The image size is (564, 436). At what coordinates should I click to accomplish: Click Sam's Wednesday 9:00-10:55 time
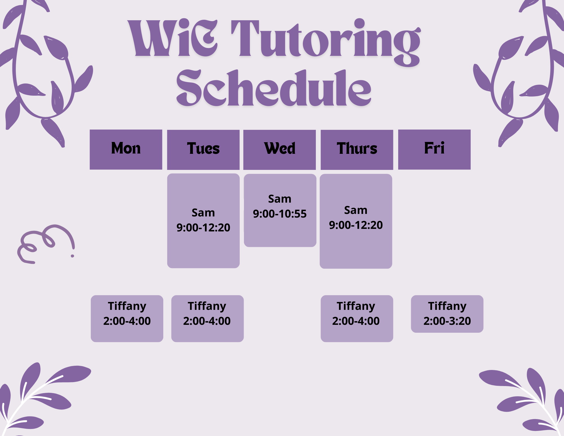pyautogui.click(x=279, y=214)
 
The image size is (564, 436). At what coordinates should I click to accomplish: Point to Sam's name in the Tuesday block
pyautogui.click(x=203, y=213)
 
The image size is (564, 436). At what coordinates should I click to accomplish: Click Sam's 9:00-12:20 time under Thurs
pyautogui.click(x=356, y=225)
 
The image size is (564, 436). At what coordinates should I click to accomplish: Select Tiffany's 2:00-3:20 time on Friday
pyautogui.click(x=447, y=321)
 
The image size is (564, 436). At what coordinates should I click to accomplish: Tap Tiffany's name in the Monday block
pyautogui.click(x=127, y=306)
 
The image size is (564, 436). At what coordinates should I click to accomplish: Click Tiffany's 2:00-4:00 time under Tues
pyautogui.click(x=207, y=321)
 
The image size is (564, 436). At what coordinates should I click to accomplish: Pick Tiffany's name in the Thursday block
pyautogui.click(x=356, y=306)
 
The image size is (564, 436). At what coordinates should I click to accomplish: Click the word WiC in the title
pyautogui.click(x=173, y=38)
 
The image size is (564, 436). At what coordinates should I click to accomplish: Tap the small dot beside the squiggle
pyautogui.click(x=72, y=256)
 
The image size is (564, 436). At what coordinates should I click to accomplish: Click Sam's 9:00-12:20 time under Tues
pyautogui.click(x=203, y=228)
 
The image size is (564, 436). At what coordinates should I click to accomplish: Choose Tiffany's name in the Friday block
pyautogui.click(x=447, y=306)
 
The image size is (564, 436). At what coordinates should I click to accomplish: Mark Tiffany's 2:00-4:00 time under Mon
pyautogui.click(x=127, y=321)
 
